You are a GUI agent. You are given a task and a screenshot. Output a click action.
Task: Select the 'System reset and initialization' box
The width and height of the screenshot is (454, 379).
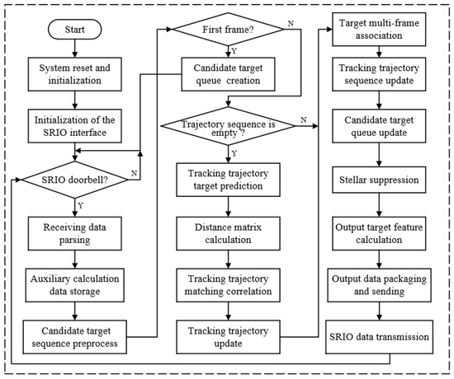coord(75,74)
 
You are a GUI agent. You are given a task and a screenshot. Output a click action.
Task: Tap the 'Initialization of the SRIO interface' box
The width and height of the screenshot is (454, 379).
coord(75,123)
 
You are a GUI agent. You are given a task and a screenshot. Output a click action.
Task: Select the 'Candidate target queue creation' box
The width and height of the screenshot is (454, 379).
coord(231,74)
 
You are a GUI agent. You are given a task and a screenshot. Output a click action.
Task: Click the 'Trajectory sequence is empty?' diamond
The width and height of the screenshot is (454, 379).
coord(231,125)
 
